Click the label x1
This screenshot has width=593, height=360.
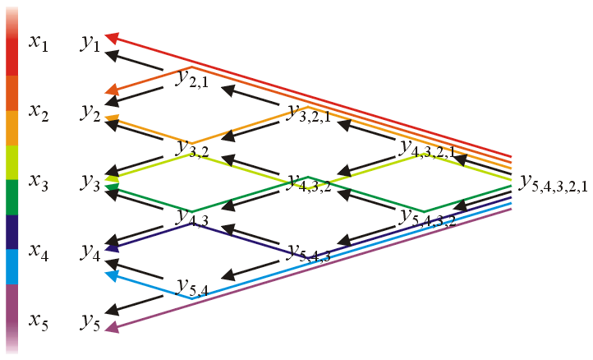click(39, 43)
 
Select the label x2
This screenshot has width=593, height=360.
click(39, 112)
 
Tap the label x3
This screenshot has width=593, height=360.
click(39, 180)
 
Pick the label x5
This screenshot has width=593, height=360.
click(39, 320)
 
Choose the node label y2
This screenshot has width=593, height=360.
click(90, 113)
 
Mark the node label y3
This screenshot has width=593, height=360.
click(90, 182)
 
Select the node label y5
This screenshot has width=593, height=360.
click(90, 321)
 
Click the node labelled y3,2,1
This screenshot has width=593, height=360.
click(308, 114)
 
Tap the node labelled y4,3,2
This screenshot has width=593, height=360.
click(308, 184)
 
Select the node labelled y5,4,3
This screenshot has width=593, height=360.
click(308, 253)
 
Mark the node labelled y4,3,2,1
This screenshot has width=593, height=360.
click(425, 149)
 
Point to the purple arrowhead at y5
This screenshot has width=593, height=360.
click(109, 330)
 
